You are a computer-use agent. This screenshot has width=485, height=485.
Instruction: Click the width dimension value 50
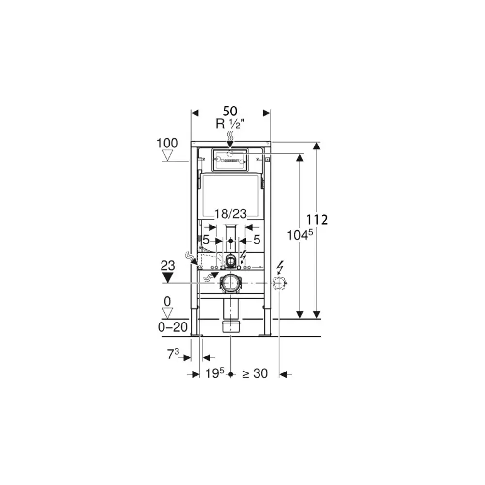[230, 112]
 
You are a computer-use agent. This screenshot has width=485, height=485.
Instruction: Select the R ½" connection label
[230, 124]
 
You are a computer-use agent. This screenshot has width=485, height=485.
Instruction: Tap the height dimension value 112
[318, 220]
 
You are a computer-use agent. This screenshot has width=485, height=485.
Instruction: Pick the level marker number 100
[167, 143]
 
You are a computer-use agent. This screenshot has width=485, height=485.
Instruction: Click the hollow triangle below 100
[168, 155]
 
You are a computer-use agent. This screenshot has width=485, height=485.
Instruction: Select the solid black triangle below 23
[168, 277]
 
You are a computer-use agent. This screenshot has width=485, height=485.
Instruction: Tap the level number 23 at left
[168, 265]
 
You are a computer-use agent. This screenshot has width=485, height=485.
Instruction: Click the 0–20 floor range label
[173, 327]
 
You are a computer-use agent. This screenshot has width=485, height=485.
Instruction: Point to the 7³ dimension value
[173, 355]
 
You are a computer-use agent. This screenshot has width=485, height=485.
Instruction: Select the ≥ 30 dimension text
[255, 373]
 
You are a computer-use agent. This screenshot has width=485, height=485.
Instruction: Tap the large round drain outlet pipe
[231, 283]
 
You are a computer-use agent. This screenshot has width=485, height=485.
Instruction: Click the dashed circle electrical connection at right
[279, 283]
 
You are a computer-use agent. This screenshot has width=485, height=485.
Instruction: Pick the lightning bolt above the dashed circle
[280, 267]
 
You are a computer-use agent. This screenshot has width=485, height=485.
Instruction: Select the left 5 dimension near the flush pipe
[206, 240]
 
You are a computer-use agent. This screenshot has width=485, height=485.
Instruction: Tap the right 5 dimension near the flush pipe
[257, 240]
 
